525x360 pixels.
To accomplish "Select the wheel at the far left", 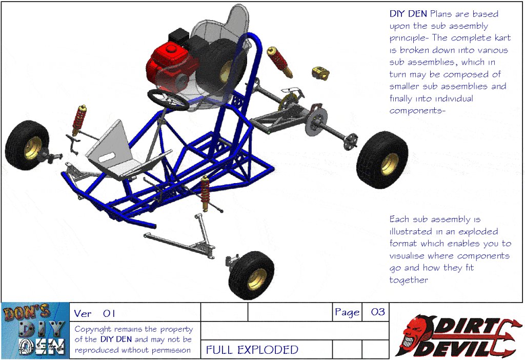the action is click(28, 145).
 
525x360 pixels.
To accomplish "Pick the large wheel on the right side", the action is click(382, 159).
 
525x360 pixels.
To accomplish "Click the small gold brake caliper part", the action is click(320, 73).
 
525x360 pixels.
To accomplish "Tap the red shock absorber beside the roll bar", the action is click(280, 62).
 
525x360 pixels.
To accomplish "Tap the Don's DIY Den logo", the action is click(35, 330).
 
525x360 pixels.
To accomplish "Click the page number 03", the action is click(378, 312).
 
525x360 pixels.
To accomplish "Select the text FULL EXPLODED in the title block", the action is click(252, 350).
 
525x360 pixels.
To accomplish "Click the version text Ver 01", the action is click(94, 313).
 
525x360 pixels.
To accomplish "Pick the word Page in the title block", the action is click(347, 312).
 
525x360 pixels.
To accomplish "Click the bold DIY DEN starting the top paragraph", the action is click(408, 14).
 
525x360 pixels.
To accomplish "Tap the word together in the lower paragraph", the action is click(409, 279).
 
